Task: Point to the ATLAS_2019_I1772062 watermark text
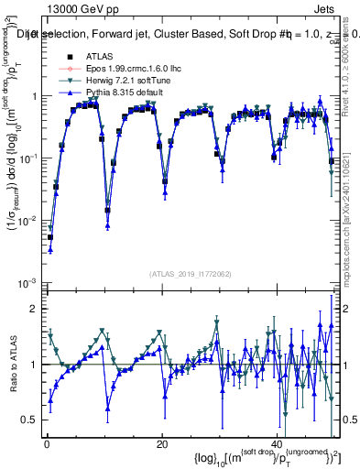pos(190,274)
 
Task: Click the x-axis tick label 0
pos(47,444)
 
